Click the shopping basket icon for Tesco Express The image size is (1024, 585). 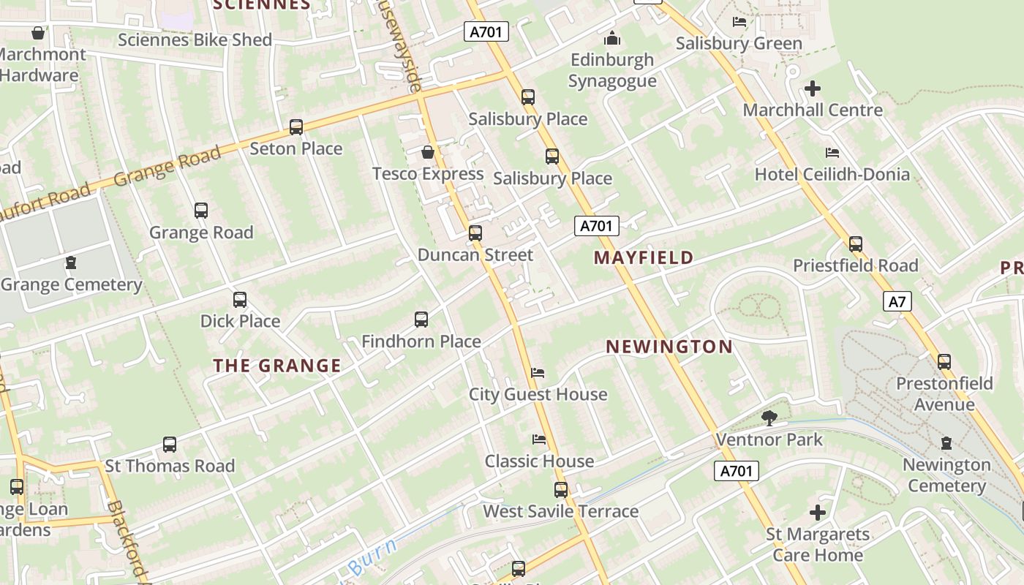428,152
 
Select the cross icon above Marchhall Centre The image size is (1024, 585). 812,89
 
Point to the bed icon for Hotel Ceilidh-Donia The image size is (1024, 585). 832,153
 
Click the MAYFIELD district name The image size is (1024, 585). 644,257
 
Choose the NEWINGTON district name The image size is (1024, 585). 669,347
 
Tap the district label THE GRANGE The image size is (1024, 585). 277,366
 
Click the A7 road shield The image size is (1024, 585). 897,301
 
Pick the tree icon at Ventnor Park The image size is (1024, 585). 769,418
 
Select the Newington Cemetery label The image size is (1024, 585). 946,475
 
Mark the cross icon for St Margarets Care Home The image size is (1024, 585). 817,513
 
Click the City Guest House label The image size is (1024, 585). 538,394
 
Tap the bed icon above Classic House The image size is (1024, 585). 539,439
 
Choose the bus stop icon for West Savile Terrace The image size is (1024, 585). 561,489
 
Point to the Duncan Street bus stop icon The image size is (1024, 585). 475,233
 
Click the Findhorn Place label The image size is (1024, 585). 421,341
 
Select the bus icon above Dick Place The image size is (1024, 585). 240,300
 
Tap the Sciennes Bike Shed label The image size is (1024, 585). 195,39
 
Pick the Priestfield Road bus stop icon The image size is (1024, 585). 856,244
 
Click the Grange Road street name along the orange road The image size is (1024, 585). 167,167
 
